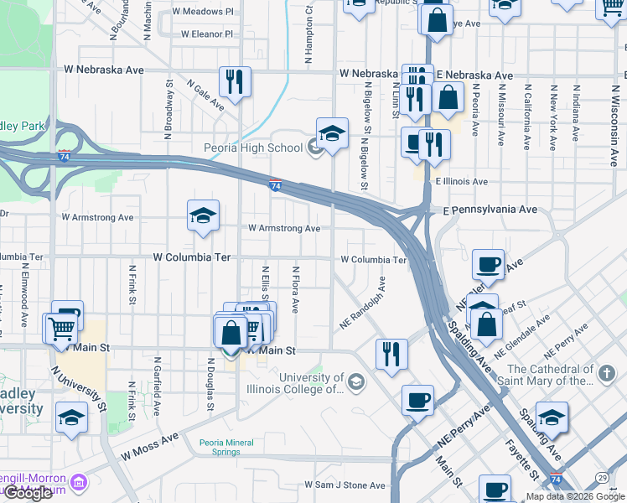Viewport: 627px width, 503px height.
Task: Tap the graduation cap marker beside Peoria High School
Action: tap(332, 134)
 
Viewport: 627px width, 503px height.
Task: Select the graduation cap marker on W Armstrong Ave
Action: tap(203, 217)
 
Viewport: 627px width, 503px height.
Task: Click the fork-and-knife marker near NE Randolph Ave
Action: tap(391, 354)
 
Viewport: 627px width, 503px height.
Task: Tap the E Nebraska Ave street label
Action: tap(474, 75)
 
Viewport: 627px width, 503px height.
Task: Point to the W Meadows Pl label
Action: tap(203, 12)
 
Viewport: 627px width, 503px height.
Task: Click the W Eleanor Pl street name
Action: tap(207, 34)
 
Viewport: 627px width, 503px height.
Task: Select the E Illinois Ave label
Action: tap(460, 181)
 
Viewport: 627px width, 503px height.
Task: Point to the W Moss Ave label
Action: tap(149, 446)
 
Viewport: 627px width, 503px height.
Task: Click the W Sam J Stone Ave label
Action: tap(345, 485)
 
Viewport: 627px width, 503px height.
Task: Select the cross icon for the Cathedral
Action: tap(607, 371)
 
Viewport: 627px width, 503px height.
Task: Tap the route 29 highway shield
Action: tap(602, 477)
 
